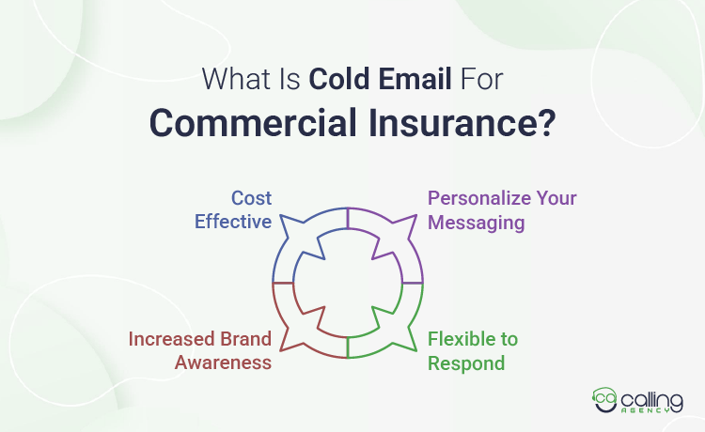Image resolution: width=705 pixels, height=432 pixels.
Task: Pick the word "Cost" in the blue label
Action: click(251, 198)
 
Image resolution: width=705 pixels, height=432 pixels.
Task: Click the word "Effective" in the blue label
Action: click(233, 222)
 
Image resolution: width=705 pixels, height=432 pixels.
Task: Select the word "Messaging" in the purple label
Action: click(475, 222)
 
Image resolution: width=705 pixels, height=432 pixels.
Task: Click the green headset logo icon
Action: click(603, 400)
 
